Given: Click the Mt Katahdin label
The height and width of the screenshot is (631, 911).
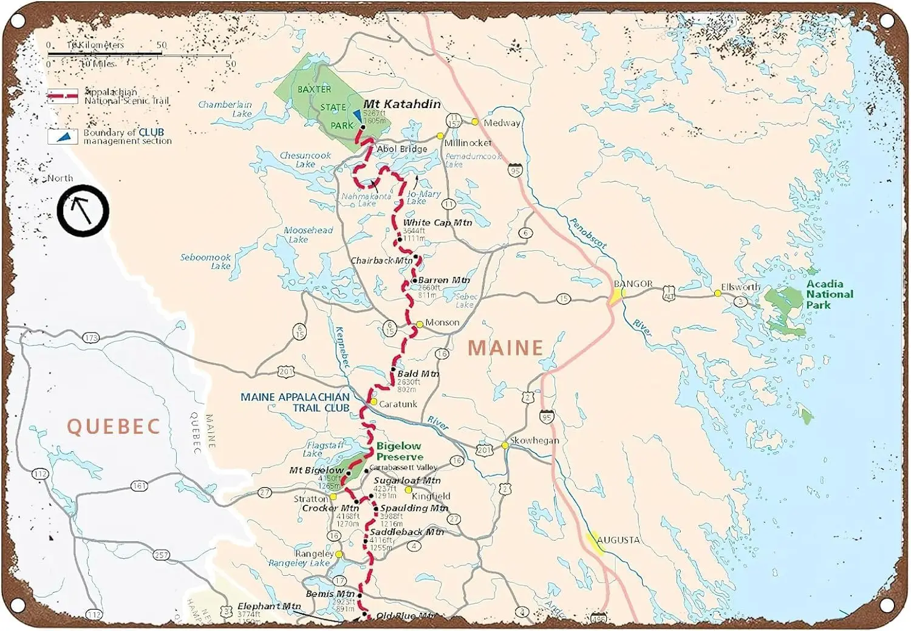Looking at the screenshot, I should pyautogui.click(x=402, y=104).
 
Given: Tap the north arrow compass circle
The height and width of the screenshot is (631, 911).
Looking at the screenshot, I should pyautogui.click(x=83, y=211).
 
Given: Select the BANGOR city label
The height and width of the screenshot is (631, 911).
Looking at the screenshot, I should pyautogui.click(x=633, y=284).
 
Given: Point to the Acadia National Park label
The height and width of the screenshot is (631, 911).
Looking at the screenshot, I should pyautogui.click(x=829, y=294).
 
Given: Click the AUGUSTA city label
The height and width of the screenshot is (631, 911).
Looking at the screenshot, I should pyautogui.click(x=618, y=540).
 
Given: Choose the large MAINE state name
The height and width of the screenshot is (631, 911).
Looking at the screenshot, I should pyautogui.click(x=505, y=348).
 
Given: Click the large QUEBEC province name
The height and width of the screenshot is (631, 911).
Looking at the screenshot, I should pyautogui.click(x=114, y=426).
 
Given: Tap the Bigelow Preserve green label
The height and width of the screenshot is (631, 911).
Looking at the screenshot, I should pyautogui.click(x=399, y=451).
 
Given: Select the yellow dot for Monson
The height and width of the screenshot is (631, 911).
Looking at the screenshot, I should pyautogui.click(x=419, y=324).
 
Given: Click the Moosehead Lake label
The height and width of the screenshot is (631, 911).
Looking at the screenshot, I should pyautogui.click(x=308, y=234).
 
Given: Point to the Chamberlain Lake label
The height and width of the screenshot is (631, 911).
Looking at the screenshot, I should pyautogui.click(x=225, y=109).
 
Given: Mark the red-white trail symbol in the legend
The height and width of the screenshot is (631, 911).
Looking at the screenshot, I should pyautogui.click(x=63, y=96).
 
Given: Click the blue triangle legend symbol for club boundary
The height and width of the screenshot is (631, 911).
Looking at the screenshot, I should pyautogui.click(x=63, y=137).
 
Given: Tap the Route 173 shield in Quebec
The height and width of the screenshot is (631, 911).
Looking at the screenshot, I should pyautogui.click(x=91, y=338).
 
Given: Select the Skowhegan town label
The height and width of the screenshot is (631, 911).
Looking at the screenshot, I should pyautogui.click(x=534, y=440).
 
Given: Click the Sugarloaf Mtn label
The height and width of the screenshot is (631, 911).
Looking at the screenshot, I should pyautogui.click(x=407, y=480).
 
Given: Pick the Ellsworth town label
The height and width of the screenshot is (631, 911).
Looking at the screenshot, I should pyautogui.click(x=740, y=287).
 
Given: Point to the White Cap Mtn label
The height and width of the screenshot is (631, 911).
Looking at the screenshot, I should pyautogui.click(x=437, y=223).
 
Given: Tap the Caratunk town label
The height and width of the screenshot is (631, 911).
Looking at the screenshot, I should pyautogui.click(x=398, y=404).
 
